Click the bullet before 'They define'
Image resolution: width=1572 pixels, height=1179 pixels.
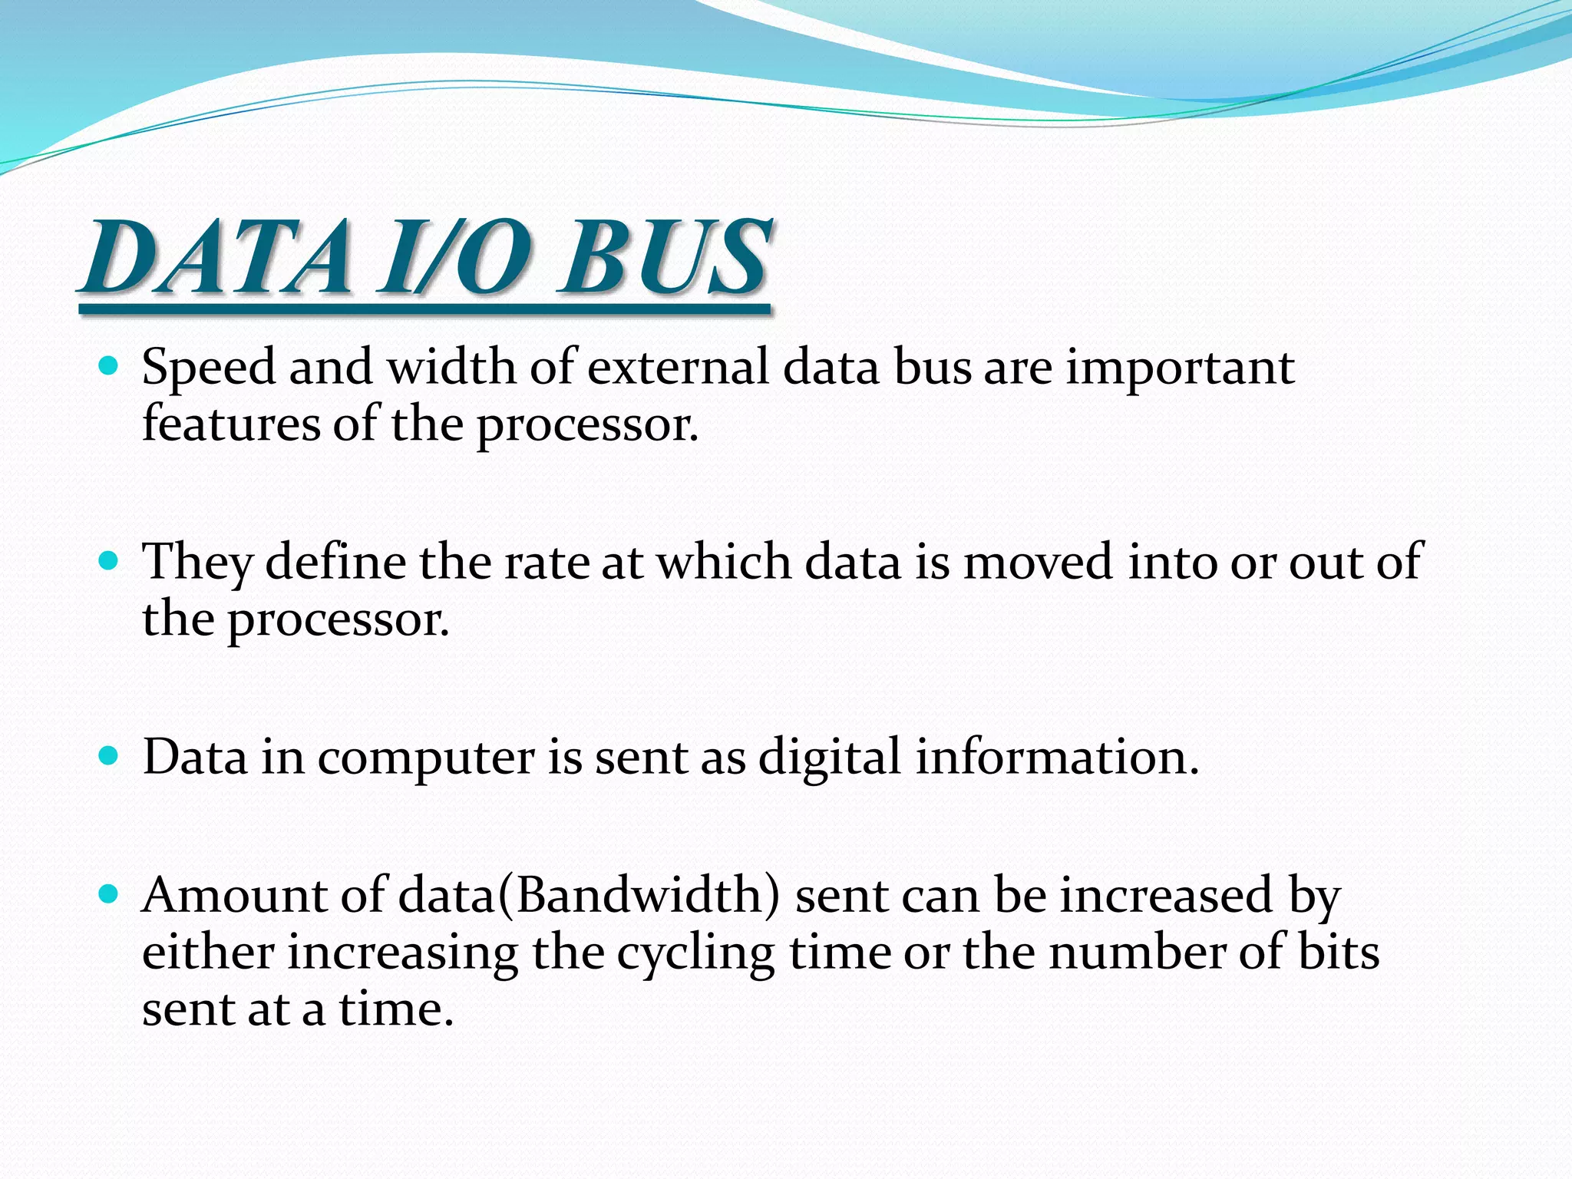coord(109,560)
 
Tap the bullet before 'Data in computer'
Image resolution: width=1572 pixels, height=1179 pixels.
coord(109,755)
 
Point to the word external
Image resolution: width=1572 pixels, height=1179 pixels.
coord(678,367)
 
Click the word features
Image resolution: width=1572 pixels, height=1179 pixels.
coord(230,424)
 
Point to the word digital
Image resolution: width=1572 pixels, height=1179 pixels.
coord(829,758)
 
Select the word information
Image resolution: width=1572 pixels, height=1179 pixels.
coord(1056,757)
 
